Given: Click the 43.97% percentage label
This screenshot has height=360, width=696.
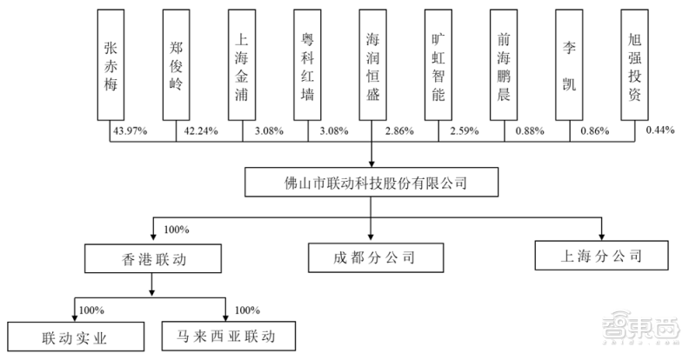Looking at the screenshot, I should point(128,132).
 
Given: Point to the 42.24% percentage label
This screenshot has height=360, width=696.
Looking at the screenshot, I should point(200,132).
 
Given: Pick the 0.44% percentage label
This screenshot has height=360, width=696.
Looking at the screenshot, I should point(660,132).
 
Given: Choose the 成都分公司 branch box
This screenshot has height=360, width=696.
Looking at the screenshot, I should point(372,257).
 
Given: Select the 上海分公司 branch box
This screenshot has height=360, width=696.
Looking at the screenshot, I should point(600,257).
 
